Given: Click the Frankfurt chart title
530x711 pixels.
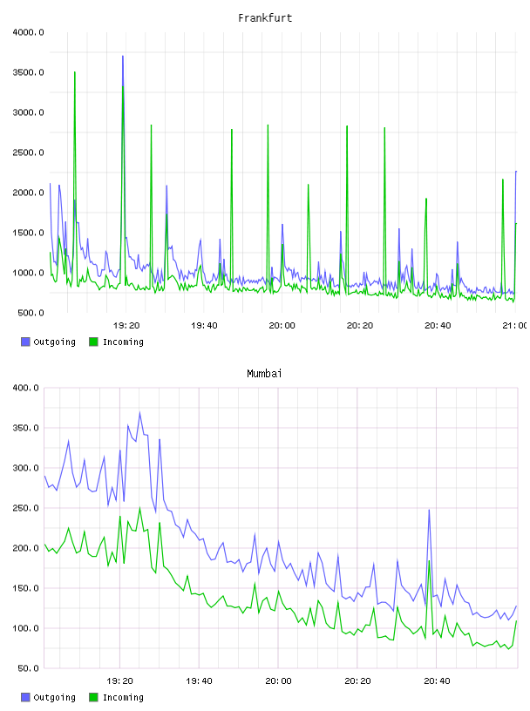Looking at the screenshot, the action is [x=265, y=18].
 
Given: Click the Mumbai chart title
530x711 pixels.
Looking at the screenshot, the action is [x=264, y=374].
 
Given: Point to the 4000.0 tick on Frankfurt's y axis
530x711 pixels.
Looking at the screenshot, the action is [x=28, y=32].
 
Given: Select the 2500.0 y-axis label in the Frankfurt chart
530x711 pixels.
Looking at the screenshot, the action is [x=28, y=152].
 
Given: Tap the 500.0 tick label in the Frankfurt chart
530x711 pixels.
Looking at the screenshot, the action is [x=31, y=313].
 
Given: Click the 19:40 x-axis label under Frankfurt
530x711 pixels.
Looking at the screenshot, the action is [x=204, y=326].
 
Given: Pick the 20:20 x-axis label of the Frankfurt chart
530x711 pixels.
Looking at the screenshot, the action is [x=360, y=326].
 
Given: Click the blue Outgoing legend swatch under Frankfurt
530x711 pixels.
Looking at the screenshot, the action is [x=25, y=342].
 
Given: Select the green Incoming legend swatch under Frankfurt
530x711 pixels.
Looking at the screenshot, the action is [x=93, y=342].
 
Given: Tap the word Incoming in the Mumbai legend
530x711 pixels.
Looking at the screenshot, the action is [x=123, y=697].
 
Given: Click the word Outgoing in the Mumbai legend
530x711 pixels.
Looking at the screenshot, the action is [x=54, y=697].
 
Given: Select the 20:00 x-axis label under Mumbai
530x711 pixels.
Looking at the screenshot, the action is [x=278, y=681].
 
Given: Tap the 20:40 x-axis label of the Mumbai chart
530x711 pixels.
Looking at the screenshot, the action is [x=437, y=681].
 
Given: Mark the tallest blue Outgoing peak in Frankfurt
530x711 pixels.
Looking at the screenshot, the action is [x=123, y=57].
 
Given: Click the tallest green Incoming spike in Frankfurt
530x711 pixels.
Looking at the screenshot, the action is [x=75, y=72].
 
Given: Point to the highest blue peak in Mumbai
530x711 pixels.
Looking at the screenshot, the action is [x=139, y=413].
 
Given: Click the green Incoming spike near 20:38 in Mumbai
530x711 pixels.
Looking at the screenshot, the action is [x=429, y=561].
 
